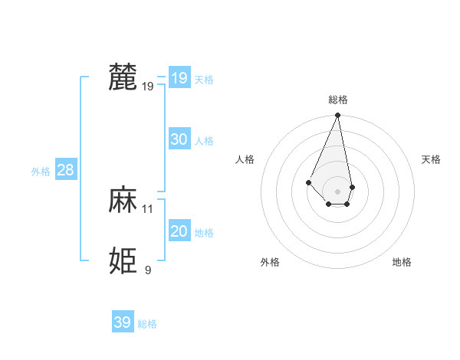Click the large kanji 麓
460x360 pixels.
coord(123,77)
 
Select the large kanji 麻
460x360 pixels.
coord(123,200)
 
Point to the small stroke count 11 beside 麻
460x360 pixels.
coord(148,208)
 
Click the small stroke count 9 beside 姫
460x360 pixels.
coord(148,270)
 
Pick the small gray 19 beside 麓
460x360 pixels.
coord(148,87)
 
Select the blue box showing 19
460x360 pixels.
coord(179,77)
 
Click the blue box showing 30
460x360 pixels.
coord(179,139)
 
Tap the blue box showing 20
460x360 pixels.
coord(179,231)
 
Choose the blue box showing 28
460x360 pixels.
coord(65,170)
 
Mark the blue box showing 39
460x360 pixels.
coord(122,322)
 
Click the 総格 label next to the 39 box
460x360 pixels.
coord(147,324)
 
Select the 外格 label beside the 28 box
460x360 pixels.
coord(41,172)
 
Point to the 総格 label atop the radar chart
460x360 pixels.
coord(338,100)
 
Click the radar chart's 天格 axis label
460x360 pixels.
coord(432,159)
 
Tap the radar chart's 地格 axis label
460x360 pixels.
coord(402,262)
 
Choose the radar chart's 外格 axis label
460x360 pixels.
coord(270,262)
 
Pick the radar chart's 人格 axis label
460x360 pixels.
coord(245,159)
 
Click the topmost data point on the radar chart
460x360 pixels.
coord(337,116)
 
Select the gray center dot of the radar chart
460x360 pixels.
coord(337,191)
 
